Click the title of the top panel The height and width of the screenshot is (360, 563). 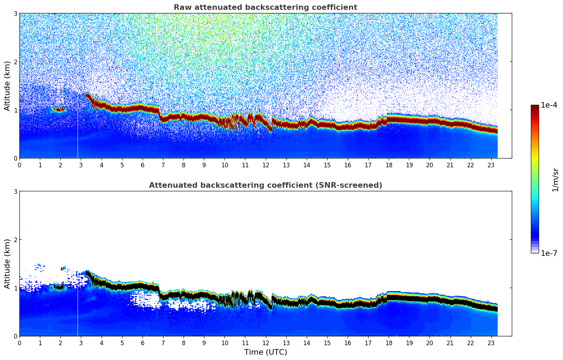click(x=265, y=7)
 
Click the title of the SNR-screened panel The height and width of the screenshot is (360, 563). click(x=265, y=185)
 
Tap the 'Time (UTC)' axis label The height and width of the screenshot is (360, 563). click(x=265, y=352)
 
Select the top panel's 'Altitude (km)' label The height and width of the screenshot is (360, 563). click(x=7, y=86)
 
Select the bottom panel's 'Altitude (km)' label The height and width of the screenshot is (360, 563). click(x=7, y=264)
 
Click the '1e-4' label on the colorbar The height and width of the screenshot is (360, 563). click(x=549, y=105)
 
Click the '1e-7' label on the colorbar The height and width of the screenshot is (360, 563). click(x=549, y=253)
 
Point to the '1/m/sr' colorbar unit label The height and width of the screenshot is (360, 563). click(x=555, y=180)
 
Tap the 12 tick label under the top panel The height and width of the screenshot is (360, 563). click(x=265, y=165)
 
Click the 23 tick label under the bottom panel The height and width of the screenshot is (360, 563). click(x=491, y=343)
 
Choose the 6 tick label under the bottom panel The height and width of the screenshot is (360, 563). click(x=143, y=343)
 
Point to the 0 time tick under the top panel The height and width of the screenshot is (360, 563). click(x=19, y=165)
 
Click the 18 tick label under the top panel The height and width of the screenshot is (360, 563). click(x=389, y=165)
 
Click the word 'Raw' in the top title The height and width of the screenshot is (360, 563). click(x=182, y=7)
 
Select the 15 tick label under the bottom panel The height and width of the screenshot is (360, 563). click(x=327, y=343)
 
